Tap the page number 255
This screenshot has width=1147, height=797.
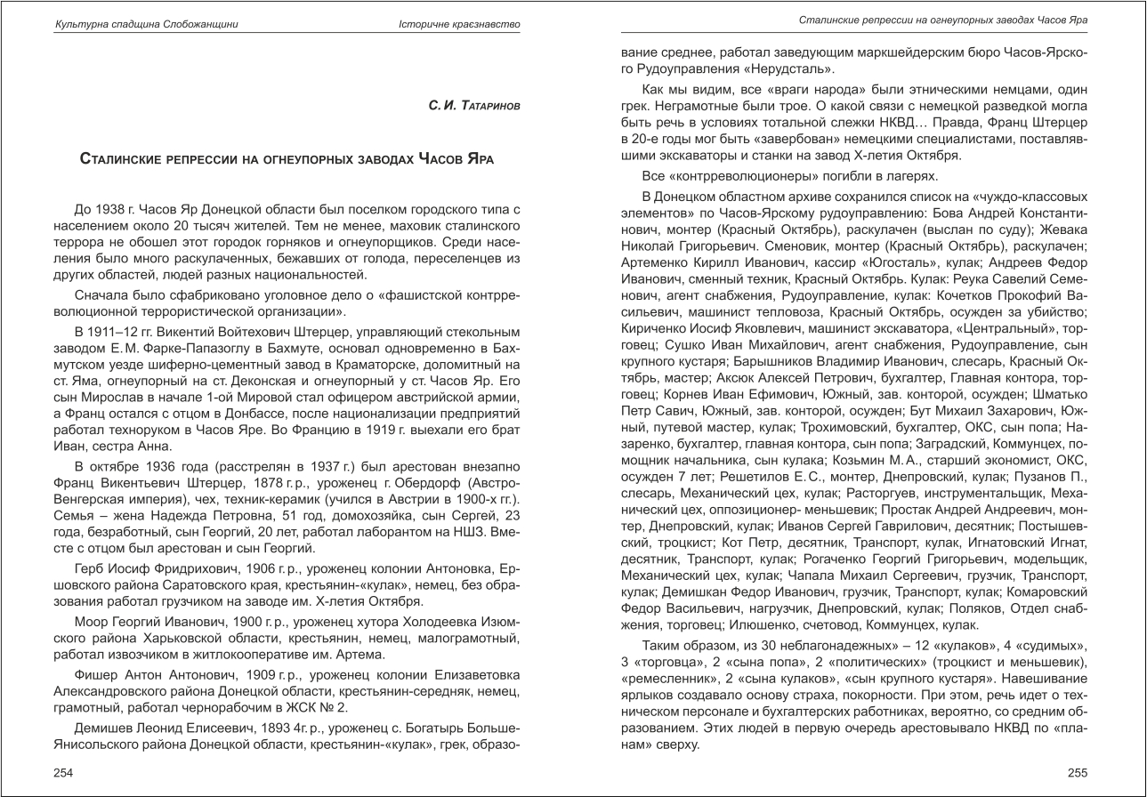[1078, 772]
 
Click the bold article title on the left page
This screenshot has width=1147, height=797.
[287, 160]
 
